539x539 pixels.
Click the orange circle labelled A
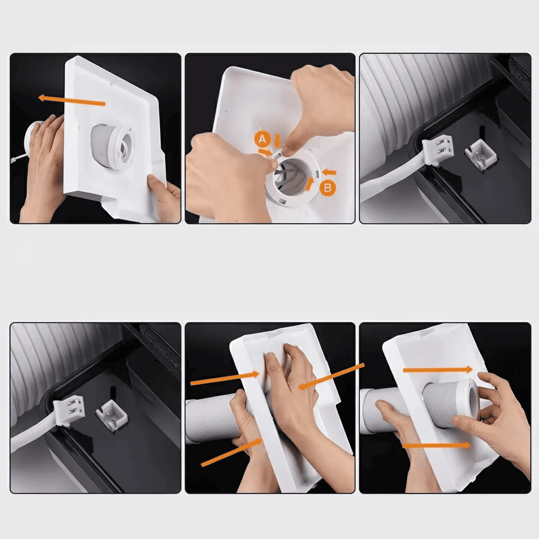(262, 139)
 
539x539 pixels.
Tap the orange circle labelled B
(328, 188)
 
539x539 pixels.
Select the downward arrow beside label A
(277, 141)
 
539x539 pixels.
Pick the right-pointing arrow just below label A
(265, 152)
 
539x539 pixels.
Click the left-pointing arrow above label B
(329, 172)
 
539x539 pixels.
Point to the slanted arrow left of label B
(310, 184)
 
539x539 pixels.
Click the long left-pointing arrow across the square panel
(72, 100)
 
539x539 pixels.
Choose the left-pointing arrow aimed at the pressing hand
(331, 376)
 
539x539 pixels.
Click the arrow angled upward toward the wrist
(232, 452)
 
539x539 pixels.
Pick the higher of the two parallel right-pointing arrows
(438, 370)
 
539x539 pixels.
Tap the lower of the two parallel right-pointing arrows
(437, 446)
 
